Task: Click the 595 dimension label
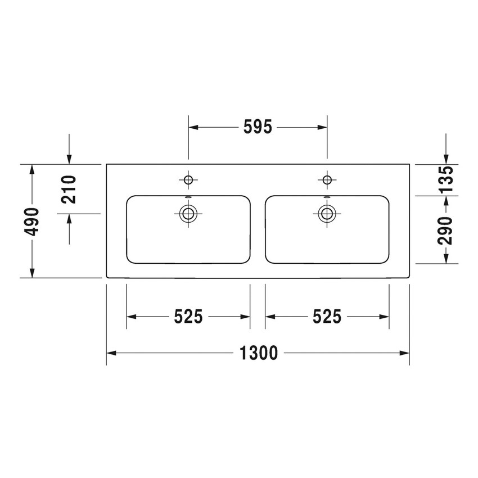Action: coord(258,128)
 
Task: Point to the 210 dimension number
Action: coord(69,189)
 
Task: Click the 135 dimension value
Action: coord(445,179)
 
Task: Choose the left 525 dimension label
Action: coord(188,317)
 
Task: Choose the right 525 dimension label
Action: coord(327,317)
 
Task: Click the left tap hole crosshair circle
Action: coord(188,179)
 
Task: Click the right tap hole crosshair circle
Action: coord(327,179)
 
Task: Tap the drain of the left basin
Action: coord(188,213)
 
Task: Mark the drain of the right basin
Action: coord(327,213)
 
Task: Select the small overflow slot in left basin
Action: coord(188,197)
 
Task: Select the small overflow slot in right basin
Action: coord(327,197)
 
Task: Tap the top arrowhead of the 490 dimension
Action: coord(33,169)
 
